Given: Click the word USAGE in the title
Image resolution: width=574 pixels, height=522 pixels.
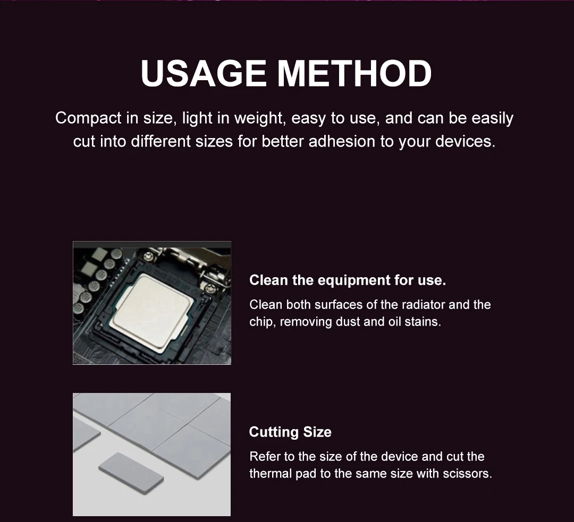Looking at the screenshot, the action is (204, 73).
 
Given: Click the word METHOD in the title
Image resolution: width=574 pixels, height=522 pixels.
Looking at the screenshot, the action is (354, 73).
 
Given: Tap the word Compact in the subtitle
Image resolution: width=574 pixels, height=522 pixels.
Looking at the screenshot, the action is (88, 118).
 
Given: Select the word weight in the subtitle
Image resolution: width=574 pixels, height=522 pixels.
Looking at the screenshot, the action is (260, 118).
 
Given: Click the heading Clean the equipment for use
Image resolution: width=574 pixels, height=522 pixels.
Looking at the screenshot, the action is (348, 280).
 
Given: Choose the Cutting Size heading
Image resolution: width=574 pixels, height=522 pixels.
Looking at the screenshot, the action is (290, 432).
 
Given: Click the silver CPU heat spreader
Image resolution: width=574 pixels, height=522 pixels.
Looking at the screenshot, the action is (153, 313).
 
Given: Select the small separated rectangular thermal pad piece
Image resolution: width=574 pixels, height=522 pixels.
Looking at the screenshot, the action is (131, 473).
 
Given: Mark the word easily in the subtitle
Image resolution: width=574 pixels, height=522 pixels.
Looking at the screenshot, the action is (492, 118).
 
